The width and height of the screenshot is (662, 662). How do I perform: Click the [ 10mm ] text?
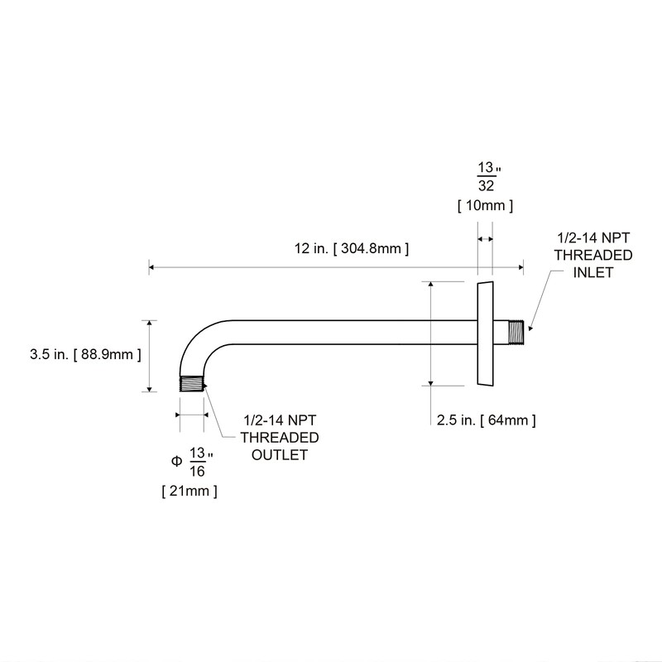coord(486,204)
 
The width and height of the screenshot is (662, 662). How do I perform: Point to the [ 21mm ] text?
coord(189,492)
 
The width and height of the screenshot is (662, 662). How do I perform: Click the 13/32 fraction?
coord(487,176)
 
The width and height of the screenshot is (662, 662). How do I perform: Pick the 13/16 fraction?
coord(199,462)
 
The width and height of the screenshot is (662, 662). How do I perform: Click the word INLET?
coord(593,272)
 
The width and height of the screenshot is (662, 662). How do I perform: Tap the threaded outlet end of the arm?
coord(192,384)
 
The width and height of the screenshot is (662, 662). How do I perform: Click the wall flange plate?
coord(485,333)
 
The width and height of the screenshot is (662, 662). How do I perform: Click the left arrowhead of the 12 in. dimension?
coord(152,266)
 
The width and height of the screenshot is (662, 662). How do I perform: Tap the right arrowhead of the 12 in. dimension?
coord(520,266)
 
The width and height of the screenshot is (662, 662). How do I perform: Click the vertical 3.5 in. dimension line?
coord(149,356)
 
